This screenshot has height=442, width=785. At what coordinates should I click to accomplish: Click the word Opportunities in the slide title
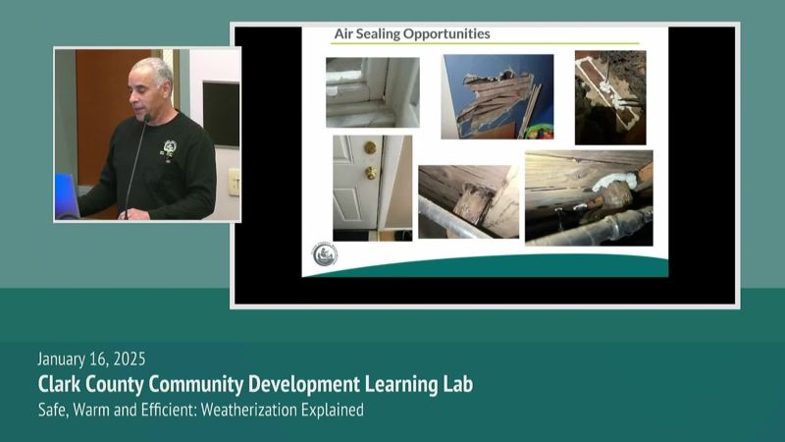(446, 34)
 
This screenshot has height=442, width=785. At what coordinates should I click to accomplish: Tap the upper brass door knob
(370, 148)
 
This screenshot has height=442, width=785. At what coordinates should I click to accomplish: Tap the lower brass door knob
(371, 173)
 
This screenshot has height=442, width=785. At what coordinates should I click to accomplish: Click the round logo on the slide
(325, 254)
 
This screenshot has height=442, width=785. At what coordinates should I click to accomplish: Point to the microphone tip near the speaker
(147, 118)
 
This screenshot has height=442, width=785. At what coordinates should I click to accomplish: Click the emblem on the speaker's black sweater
(169, 148)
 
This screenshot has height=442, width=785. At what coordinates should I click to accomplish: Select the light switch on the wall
(234, 182)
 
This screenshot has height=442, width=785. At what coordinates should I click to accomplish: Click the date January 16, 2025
(91, 359)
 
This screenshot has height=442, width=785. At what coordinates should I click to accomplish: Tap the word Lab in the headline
(458, 384)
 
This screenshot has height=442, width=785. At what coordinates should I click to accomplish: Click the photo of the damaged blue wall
(497, 96)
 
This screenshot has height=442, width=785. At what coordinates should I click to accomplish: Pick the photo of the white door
(373, 188)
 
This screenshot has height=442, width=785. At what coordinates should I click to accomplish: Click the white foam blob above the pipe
(615, 181)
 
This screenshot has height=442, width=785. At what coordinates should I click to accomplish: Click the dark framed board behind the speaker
(221, 114)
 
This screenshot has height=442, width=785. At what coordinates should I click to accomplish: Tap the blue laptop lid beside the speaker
(66, 195)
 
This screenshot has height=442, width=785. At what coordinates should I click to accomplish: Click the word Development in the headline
(304, 384)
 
